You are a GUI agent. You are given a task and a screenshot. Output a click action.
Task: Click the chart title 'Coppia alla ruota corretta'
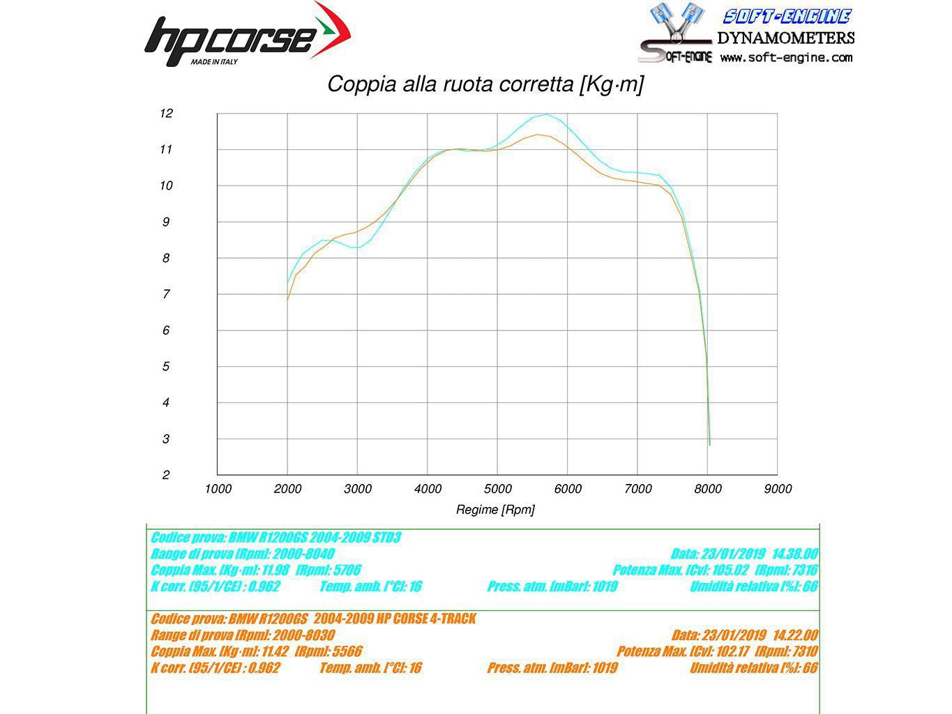point(485,84)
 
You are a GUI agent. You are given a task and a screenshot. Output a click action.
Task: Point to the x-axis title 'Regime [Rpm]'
point(495,510)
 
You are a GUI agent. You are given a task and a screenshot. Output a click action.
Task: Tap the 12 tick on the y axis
point(166,113)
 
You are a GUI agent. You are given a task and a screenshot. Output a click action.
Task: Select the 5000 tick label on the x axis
point(497,489)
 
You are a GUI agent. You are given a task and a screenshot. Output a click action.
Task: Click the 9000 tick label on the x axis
point(778,489)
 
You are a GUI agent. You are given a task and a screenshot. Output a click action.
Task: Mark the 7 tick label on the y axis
point(166,294)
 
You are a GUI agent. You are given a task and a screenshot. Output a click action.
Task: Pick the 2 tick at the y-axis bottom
point(166,475)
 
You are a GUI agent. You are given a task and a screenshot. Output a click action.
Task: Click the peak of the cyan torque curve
point(546,114)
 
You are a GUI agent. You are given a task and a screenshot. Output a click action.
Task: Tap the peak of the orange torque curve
point(537,135)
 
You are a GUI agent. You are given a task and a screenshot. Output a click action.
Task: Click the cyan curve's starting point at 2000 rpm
point(287,282)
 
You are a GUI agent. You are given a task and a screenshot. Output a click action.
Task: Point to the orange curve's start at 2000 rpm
point(287,299)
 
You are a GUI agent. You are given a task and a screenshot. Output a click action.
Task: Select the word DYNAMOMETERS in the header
point(785,38)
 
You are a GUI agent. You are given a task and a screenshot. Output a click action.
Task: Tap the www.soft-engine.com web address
point(786,58)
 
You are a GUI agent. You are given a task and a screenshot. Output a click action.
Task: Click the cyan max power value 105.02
point(731,570)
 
